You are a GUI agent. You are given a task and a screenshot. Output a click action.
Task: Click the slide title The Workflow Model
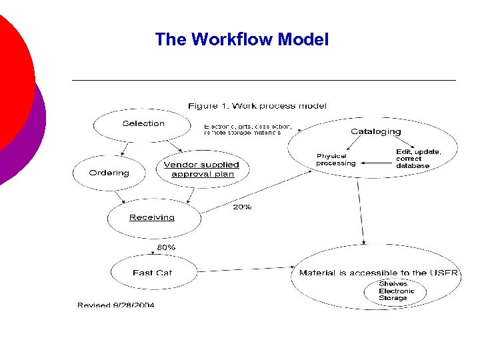[241, 39]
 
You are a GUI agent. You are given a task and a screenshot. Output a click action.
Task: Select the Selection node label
[143, 123]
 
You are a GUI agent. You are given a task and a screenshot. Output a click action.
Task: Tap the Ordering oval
[109, 173]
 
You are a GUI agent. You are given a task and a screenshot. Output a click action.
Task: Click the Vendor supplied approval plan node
[201, 169]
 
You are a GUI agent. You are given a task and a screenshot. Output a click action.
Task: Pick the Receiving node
[152, 217]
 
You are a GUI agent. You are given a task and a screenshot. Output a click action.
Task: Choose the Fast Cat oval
[152, 272]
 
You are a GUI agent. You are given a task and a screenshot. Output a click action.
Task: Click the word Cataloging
[375, 131]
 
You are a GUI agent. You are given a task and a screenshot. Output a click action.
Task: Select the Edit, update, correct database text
[417, 159]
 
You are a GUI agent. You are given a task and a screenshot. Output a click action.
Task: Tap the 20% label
[242, 207]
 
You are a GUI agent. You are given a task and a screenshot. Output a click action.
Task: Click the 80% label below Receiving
[166, 247]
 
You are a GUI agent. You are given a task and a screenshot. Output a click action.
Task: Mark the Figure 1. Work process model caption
[257, 106]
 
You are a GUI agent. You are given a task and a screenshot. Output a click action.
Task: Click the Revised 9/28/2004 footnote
[116, 305]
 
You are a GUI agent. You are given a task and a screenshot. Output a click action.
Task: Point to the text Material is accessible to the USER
[378, 273]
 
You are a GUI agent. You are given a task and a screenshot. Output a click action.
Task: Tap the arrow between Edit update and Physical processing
[375, 161]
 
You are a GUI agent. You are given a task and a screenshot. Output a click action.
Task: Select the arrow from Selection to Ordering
[125, 147]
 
